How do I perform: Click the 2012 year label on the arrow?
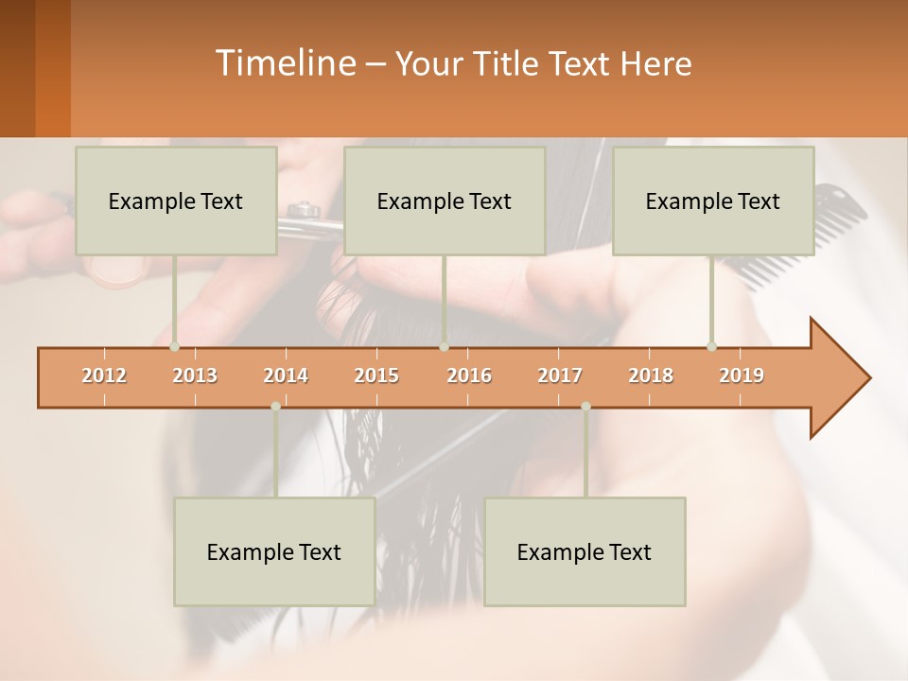pos(104,375)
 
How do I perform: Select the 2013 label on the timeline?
pos(195,375)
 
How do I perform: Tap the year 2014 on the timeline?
pos(286,375)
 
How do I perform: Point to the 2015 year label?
pos(376,375)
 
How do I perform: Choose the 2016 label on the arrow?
pos(469,375)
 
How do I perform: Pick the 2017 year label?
pos(560,375)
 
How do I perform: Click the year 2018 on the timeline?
pos(651,375)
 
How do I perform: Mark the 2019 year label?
pos(742,375)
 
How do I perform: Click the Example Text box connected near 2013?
pos(176,201)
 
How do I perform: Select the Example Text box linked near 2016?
pos(445,201)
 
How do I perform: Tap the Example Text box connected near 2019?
pos(713,201)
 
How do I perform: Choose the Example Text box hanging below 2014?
pos(274,551)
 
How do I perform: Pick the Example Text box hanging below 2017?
pos(585,551)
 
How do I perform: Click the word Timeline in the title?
pos(284,63)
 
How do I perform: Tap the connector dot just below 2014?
pos(275,407)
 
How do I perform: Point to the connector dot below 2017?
pos(585,407)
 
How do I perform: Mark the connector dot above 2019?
pos(711,346)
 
